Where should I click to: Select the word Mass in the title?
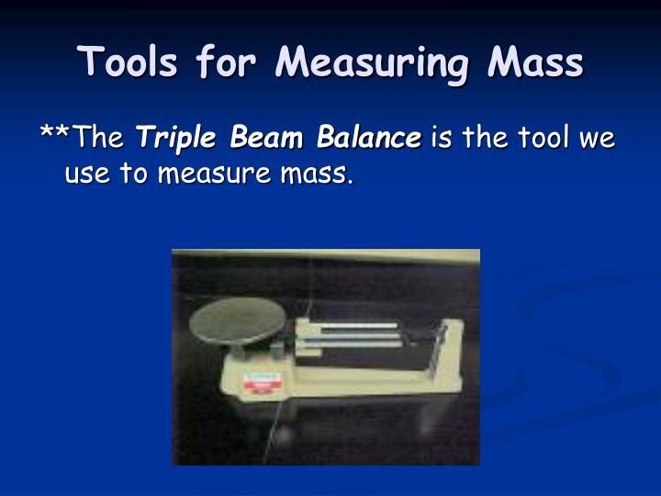(x=536, y=62)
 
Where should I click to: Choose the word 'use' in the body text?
(x=85, y=172)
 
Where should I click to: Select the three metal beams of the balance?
(x=353, y=333)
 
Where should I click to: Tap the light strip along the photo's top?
(x=326, y=257)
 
